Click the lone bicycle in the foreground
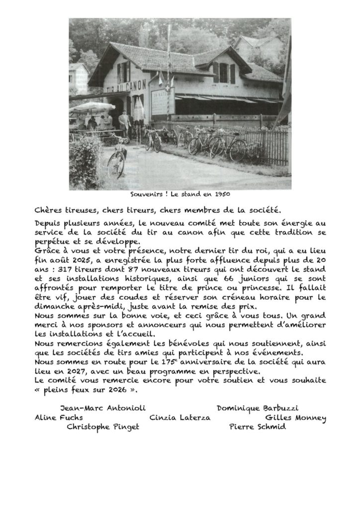(117, 158)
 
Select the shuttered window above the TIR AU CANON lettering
(123, 72)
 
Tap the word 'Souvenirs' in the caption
(146, 194)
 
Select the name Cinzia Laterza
(180, 418)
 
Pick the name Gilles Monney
(295, 418)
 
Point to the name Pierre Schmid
(257, 427)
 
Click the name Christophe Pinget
(103, 427)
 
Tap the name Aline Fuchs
(52, 418)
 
